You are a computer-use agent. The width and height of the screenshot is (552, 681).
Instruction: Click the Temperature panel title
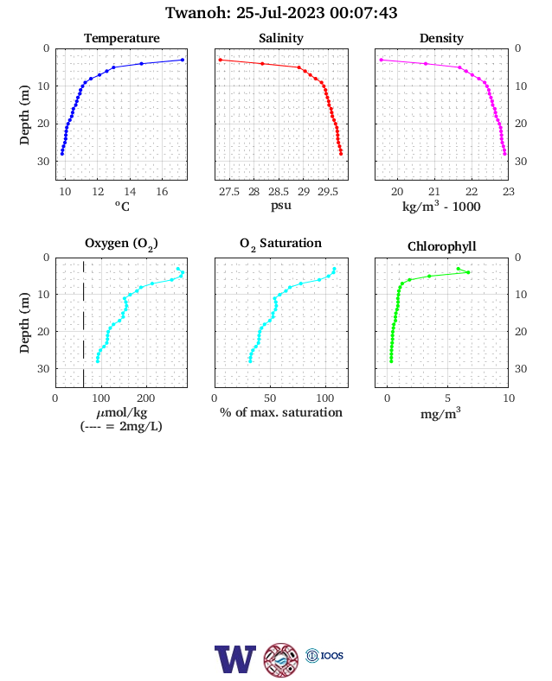click(x=122, y=38)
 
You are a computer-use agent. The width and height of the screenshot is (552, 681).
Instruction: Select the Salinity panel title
click(x=281, y=38)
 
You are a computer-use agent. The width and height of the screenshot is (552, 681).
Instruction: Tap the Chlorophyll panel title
click(x=441, y=246)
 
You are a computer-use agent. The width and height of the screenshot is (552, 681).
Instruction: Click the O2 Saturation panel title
click(x=281, y=244)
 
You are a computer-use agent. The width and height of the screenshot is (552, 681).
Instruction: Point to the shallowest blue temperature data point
click(x=183, y=60)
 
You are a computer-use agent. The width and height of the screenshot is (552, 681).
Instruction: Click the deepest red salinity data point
click(x=341, y=154)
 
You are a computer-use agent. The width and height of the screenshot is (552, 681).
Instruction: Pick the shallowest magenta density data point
click(x=382, y=60)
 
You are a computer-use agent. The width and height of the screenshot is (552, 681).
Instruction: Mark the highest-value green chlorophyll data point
click(x=468, y=272)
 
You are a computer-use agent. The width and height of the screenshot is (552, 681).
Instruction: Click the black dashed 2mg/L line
click(x=83, y=322)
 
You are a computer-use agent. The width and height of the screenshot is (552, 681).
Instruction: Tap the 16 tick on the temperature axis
click(x=162, y=192)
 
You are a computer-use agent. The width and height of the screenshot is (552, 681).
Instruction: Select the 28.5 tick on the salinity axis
click(x=279, y=192)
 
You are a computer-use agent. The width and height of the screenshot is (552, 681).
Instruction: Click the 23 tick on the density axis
click(x=509, y=192)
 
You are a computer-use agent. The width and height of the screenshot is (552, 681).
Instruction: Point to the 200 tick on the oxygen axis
click(x=145, y=398)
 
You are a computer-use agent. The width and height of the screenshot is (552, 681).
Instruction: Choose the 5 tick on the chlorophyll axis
click(x=447, y=398)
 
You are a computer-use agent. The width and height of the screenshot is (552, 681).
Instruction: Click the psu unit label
click(x=281, y=206)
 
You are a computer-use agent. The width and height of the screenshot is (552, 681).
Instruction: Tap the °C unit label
click(x=122, y=206)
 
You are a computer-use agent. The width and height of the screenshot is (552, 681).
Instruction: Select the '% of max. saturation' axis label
click(x=281, y=412)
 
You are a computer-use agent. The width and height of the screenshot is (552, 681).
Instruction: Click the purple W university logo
click(x=235, y=659)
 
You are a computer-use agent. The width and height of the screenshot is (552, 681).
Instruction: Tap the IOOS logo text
click(x=332, y=655)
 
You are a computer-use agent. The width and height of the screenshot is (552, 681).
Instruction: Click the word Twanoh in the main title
click(x=198, y=13)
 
